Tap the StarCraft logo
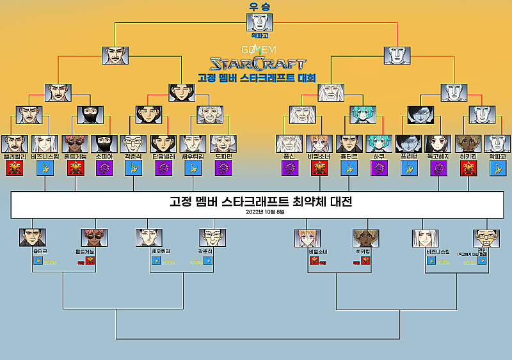point(257,64)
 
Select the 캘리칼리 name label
point(15,155)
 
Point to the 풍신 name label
point(289,155)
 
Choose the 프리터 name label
point(408,155)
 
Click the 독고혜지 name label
point(438,155)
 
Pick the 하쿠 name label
point(379,155)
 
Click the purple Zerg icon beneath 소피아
point(104,168)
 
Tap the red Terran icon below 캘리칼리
point(15,168)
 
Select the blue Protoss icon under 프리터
point(408,168)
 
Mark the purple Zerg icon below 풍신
point(289,168)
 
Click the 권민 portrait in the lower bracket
point(486,236)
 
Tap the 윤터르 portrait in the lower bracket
point(33,238)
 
